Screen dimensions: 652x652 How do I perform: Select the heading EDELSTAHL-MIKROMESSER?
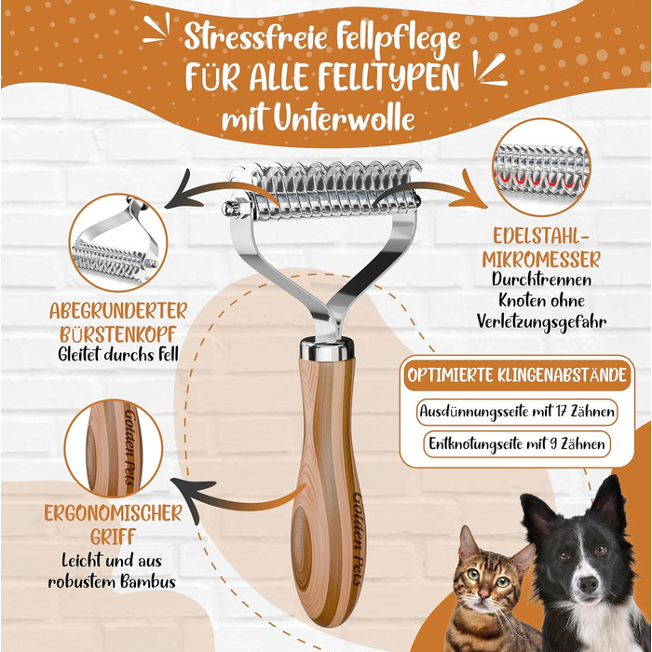pos(541,249)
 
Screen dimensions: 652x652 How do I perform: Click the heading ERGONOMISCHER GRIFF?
pos(113,524)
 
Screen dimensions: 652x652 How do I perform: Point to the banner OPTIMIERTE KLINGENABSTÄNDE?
pos(517,375)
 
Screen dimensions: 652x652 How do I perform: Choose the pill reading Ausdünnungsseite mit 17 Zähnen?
pos(517,412)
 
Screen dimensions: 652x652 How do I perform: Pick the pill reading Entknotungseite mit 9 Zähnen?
pos(517,443)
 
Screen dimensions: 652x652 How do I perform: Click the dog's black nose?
pos(588,583)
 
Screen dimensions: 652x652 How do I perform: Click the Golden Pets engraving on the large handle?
pos(358,539)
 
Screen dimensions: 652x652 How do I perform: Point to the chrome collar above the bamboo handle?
pos(327,349)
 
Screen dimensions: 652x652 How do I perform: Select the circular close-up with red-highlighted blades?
pos(540,167)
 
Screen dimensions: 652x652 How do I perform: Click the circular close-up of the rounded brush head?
pos(117,242)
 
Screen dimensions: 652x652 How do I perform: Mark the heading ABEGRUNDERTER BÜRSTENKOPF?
pos(118,322)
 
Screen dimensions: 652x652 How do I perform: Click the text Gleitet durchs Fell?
pos(118,354)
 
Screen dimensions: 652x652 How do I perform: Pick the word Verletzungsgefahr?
pos(541,322)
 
